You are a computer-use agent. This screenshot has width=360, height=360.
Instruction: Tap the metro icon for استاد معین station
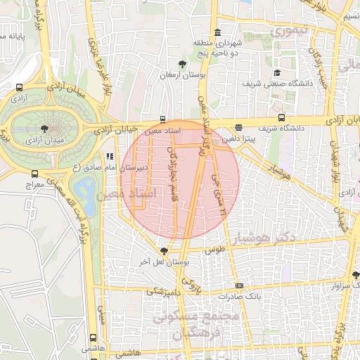[163, 120]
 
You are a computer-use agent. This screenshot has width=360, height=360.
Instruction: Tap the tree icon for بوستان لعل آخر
[165, 250]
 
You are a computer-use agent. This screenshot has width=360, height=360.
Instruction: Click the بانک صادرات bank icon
[240, 285]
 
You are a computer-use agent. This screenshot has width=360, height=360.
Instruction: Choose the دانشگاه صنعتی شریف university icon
[278, 73]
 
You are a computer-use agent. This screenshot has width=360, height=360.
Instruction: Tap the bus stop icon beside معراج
[35, 174]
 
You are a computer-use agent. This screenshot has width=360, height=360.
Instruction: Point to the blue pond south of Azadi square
[86, 188]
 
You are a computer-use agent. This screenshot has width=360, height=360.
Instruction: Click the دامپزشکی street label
[162, 290]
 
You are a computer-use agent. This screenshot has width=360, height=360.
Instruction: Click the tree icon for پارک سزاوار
[356, 275]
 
